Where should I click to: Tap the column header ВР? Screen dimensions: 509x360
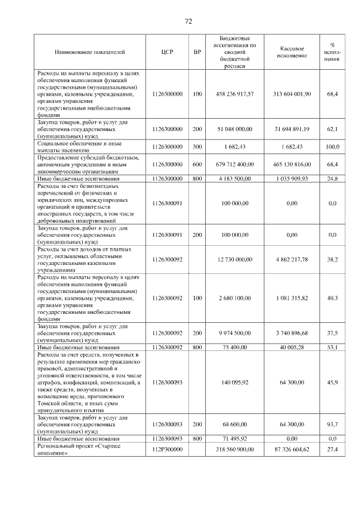point(197,52)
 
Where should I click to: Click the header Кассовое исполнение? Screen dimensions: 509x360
point(292,52)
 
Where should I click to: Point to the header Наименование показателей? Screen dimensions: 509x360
point(89,52)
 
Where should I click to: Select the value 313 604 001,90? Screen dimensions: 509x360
point(292,94)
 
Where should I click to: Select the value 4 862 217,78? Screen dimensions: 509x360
point(292,259)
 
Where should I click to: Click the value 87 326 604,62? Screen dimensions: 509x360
point(292,449)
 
